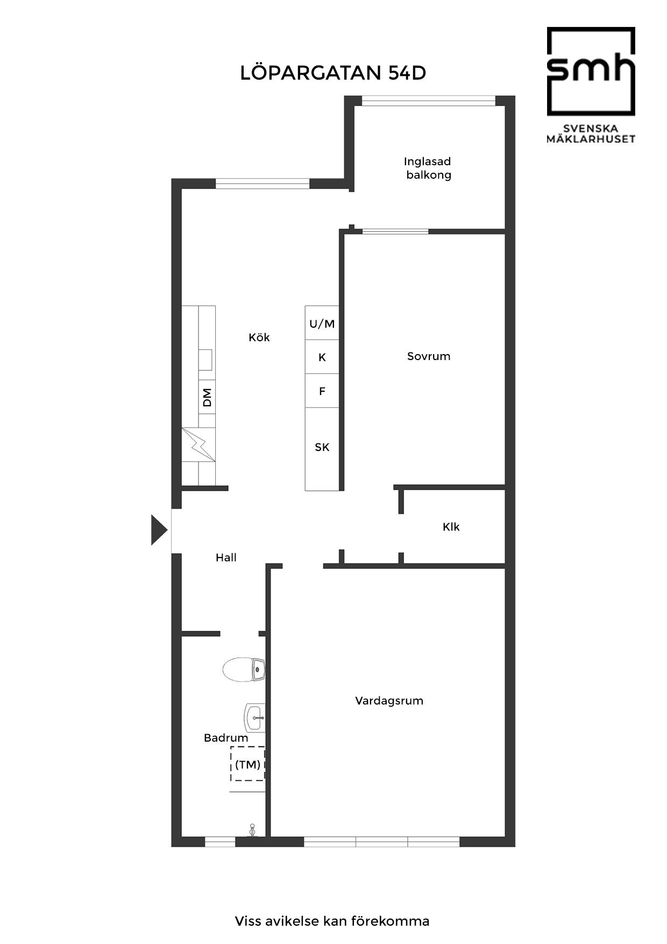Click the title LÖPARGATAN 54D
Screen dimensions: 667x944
333,73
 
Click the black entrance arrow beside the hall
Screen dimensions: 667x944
159,530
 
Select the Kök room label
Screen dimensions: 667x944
259,337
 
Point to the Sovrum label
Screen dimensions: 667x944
429,356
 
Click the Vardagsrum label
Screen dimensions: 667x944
389,701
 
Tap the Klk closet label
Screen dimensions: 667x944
451,527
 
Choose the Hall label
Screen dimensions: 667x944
226,558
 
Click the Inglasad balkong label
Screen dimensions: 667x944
428,168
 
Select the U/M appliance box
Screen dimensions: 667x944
322,323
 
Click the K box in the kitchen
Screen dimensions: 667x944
322,357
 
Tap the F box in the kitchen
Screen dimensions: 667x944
322,391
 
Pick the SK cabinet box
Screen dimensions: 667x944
322,449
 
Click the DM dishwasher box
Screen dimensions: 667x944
207,397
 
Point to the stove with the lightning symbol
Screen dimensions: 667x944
198,445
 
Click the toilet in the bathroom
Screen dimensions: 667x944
244,670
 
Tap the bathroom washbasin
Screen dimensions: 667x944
255,717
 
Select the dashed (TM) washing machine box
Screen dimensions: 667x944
248,764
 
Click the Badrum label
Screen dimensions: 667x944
226,738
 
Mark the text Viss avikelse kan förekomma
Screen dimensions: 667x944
332,921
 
